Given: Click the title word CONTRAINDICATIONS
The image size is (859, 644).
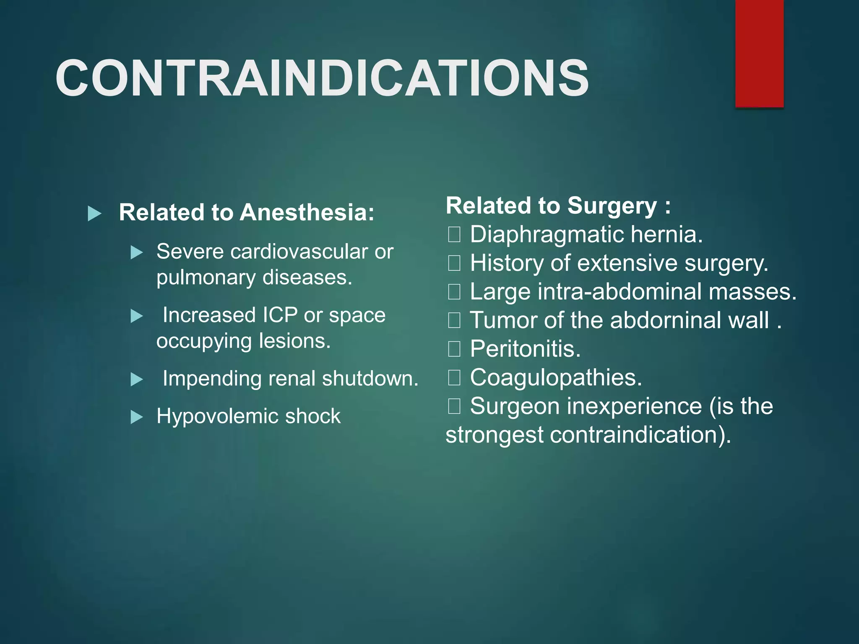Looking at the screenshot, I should click(x=322, y=78).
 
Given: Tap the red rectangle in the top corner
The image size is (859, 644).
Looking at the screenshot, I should click(x=759, y=53).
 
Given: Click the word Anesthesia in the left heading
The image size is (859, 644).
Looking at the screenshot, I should click(x=306, y=212).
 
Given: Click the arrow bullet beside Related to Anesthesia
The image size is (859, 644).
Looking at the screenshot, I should click(x=94, y=213).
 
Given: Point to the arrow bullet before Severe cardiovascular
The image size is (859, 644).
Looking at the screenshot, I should click(x=137, y=252).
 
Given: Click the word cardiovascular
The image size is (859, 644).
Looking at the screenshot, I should click(x=299, y=252).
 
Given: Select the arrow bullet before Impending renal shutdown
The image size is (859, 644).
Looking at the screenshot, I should click(x=137, y=379).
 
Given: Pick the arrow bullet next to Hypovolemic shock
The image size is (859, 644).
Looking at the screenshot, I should click(x=137, y=417).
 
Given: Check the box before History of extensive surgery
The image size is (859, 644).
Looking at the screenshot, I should click(x=454, y=263).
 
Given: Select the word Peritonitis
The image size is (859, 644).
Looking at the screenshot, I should click(x=525, y=349).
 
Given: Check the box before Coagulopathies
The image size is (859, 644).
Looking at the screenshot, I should click(x=454, y=378).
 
